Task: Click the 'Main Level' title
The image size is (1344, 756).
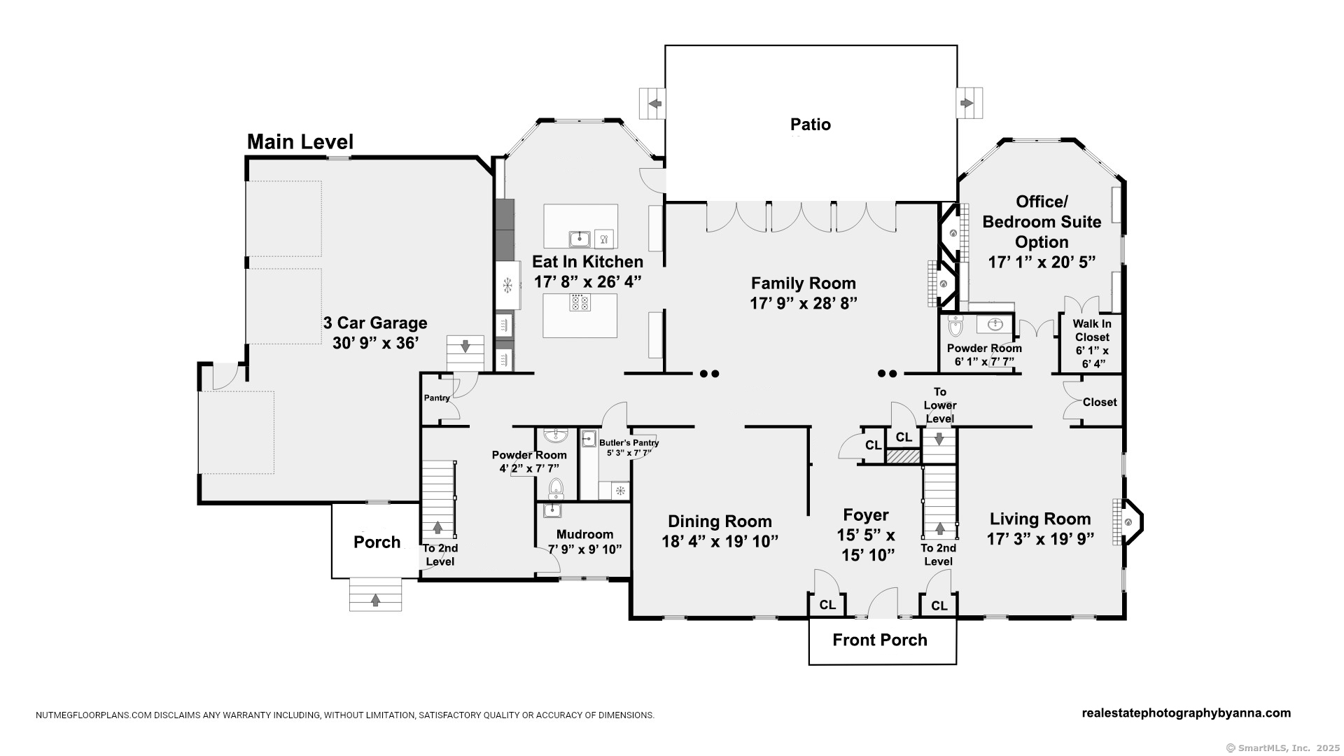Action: pos(300,142)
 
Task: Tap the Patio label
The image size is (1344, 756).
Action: pos(810,125)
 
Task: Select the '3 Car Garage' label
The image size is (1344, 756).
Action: pos(375,323)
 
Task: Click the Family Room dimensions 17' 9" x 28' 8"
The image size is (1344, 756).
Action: pos(804,303)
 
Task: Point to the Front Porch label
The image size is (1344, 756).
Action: pos(879,640)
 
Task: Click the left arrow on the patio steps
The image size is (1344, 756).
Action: pos(655,104)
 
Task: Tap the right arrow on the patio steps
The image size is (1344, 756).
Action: pos(967,104)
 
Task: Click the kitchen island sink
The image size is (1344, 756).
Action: pos(580,239)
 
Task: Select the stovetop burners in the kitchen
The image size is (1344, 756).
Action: pos(580,302)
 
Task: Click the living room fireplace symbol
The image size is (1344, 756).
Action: pos(1128,522)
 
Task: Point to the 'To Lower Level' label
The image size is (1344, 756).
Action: pos(939,405)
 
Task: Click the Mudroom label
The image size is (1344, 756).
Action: pos(584,535)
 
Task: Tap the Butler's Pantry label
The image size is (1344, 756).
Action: pos(629,443)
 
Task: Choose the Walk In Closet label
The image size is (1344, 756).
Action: pos(1091,330)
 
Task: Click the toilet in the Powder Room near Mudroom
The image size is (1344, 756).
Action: pos(556,486)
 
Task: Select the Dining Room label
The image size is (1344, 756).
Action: pos(720,521)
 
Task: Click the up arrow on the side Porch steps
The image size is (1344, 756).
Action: pos(376,599)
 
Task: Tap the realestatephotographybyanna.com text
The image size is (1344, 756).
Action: pos(1186,713)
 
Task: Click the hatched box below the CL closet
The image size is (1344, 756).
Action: pos(902,456)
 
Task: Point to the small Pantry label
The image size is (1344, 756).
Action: pos(437,398)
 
